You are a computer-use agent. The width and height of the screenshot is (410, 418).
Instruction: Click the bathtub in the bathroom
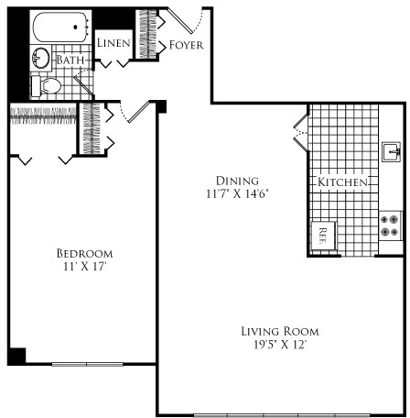[x=60, y=27]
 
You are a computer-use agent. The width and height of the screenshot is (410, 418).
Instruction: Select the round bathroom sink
[x=40, y=58]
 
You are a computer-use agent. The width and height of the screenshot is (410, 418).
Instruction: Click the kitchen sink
[x=392, y=151]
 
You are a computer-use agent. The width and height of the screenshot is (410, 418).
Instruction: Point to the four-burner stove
[x=390, y=225]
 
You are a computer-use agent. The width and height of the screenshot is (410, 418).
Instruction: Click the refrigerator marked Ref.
[x=323, y=236]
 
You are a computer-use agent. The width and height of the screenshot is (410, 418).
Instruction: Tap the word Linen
[x=113, y=43]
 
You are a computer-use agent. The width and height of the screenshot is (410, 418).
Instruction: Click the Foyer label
[x=186, y=45]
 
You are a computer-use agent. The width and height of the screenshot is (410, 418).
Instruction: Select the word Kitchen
[x=342, y=181]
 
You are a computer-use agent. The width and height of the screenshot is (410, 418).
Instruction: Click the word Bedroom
[x=85, y=253]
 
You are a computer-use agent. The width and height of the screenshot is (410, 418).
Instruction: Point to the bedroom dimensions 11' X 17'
[x=85, y=267]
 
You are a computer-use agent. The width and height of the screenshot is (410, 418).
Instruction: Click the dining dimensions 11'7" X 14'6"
[x=237, y=193]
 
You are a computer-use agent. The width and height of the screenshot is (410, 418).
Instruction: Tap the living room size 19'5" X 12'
[x=280, y=345]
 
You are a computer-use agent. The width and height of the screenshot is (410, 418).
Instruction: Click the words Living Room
[x=280, y=332]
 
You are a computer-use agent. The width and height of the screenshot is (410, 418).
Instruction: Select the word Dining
[x=237, y=181]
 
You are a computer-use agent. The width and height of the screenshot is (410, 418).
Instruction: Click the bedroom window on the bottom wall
[x=87, y=364]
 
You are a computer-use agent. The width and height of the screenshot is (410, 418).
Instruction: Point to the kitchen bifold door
[x=300, y=133]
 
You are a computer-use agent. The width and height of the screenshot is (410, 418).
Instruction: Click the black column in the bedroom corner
[x=16, y=356]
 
